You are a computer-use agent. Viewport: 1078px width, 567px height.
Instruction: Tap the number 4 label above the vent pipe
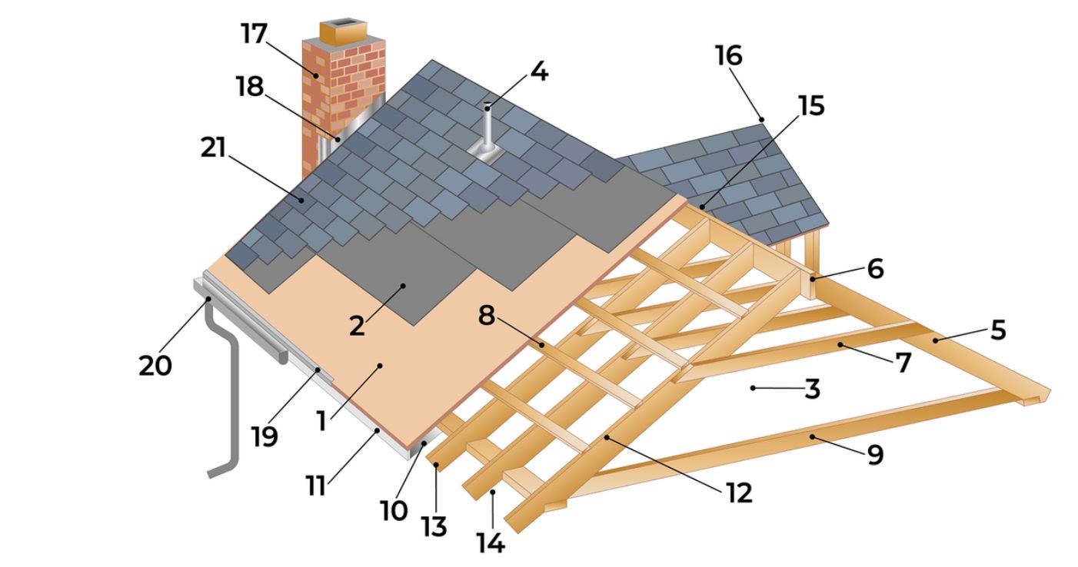click(538, 72)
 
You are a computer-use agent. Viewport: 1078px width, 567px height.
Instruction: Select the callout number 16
click(728, 55)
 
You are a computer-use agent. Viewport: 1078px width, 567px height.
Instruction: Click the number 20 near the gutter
click(156, 366)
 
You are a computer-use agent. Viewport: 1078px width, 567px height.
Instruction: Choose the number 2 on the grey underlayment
click(357, 325)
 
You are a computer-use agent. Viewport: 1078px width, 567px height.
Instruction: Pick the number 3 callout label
click(812, 390)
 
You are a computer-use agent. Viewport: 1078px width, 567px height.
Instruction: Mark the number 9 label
click(875, 455)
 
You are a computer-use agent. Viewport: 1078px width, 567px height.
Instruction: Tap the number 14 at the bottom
click(490, 543)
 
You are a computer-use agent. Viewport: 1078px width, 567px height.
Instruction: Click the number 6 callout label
click(875, 269)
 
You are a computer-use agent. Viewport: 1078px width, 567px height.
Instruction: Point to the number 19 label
click(264, 436)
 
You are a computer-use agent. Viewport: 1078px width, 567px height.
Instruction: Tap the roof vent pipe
click(487, 131)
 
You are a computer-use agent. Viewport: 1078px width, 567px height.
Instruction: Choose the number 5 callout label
click(997, 330)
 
